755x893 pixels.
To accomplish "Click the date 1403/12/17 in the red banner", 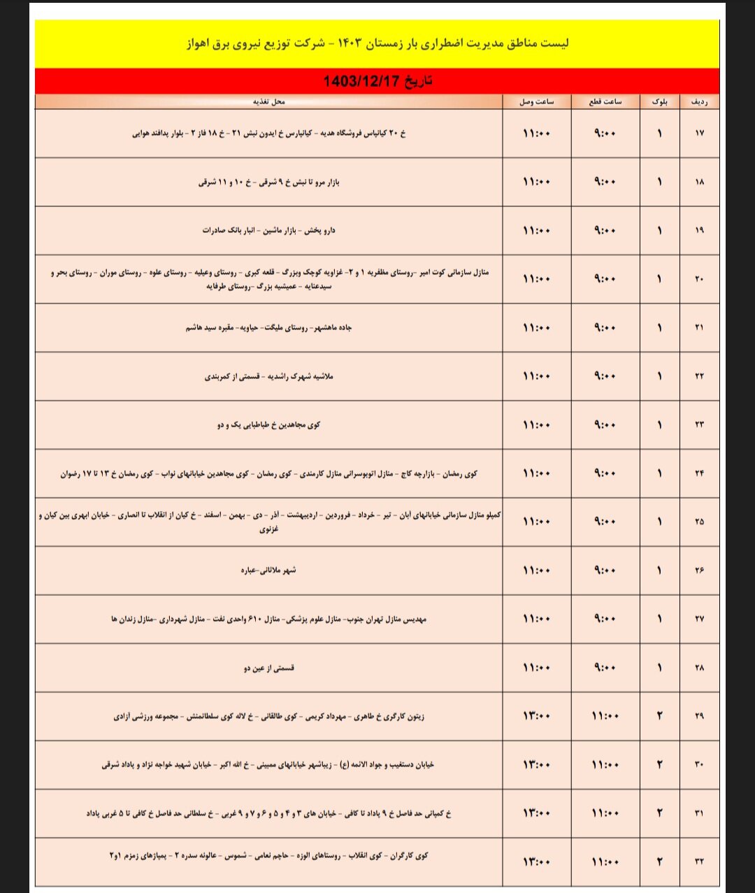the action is point(377,81).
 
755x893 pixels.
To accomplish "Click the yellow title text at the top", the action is point(377,43).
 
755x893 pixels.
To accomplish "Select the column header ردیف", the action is point(699,102).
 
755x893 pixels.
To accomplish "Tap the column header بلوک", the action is point(659,102).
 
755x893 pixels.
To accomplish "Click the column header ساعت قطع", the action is point(605,102).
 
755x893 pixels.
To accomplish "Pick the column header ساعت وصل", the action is point(536,102).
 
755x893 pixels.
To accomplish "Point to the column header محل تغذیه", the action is point(269,102).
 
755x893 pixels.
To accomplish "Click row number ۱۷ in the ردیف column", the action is point(699,134).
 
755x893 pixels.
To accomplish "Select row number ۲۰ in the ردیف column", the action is point(699,279).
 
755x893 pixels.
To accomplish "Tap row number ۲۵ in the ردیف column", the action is point(699,522).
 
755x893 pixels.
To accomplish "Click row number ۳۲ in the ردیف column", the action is point(699,862).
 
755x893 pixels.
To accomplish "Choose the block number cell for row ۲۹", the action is point(659,716).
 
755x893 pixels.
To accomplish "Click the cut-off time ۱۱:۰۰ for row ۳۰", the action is point(605,765).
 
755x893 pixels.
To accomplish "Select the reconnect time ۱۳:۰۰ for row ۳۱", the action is point(536,813).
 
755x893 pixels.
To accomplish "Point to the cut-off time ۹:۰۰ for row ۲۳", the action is point(605,425).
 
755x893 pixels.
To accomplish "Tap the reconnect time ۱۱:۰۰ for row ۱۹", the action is point(536,231).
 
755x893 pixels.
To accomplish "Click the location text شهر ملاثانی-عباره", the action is point(268,571).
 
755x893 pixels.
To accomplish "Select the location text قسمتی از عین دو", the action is point(269,668).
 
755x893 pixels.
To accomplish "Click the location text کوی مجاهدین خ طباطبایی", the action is point(269,425).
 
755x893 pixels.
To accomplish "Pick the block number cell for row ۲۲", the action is point(659,376).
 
